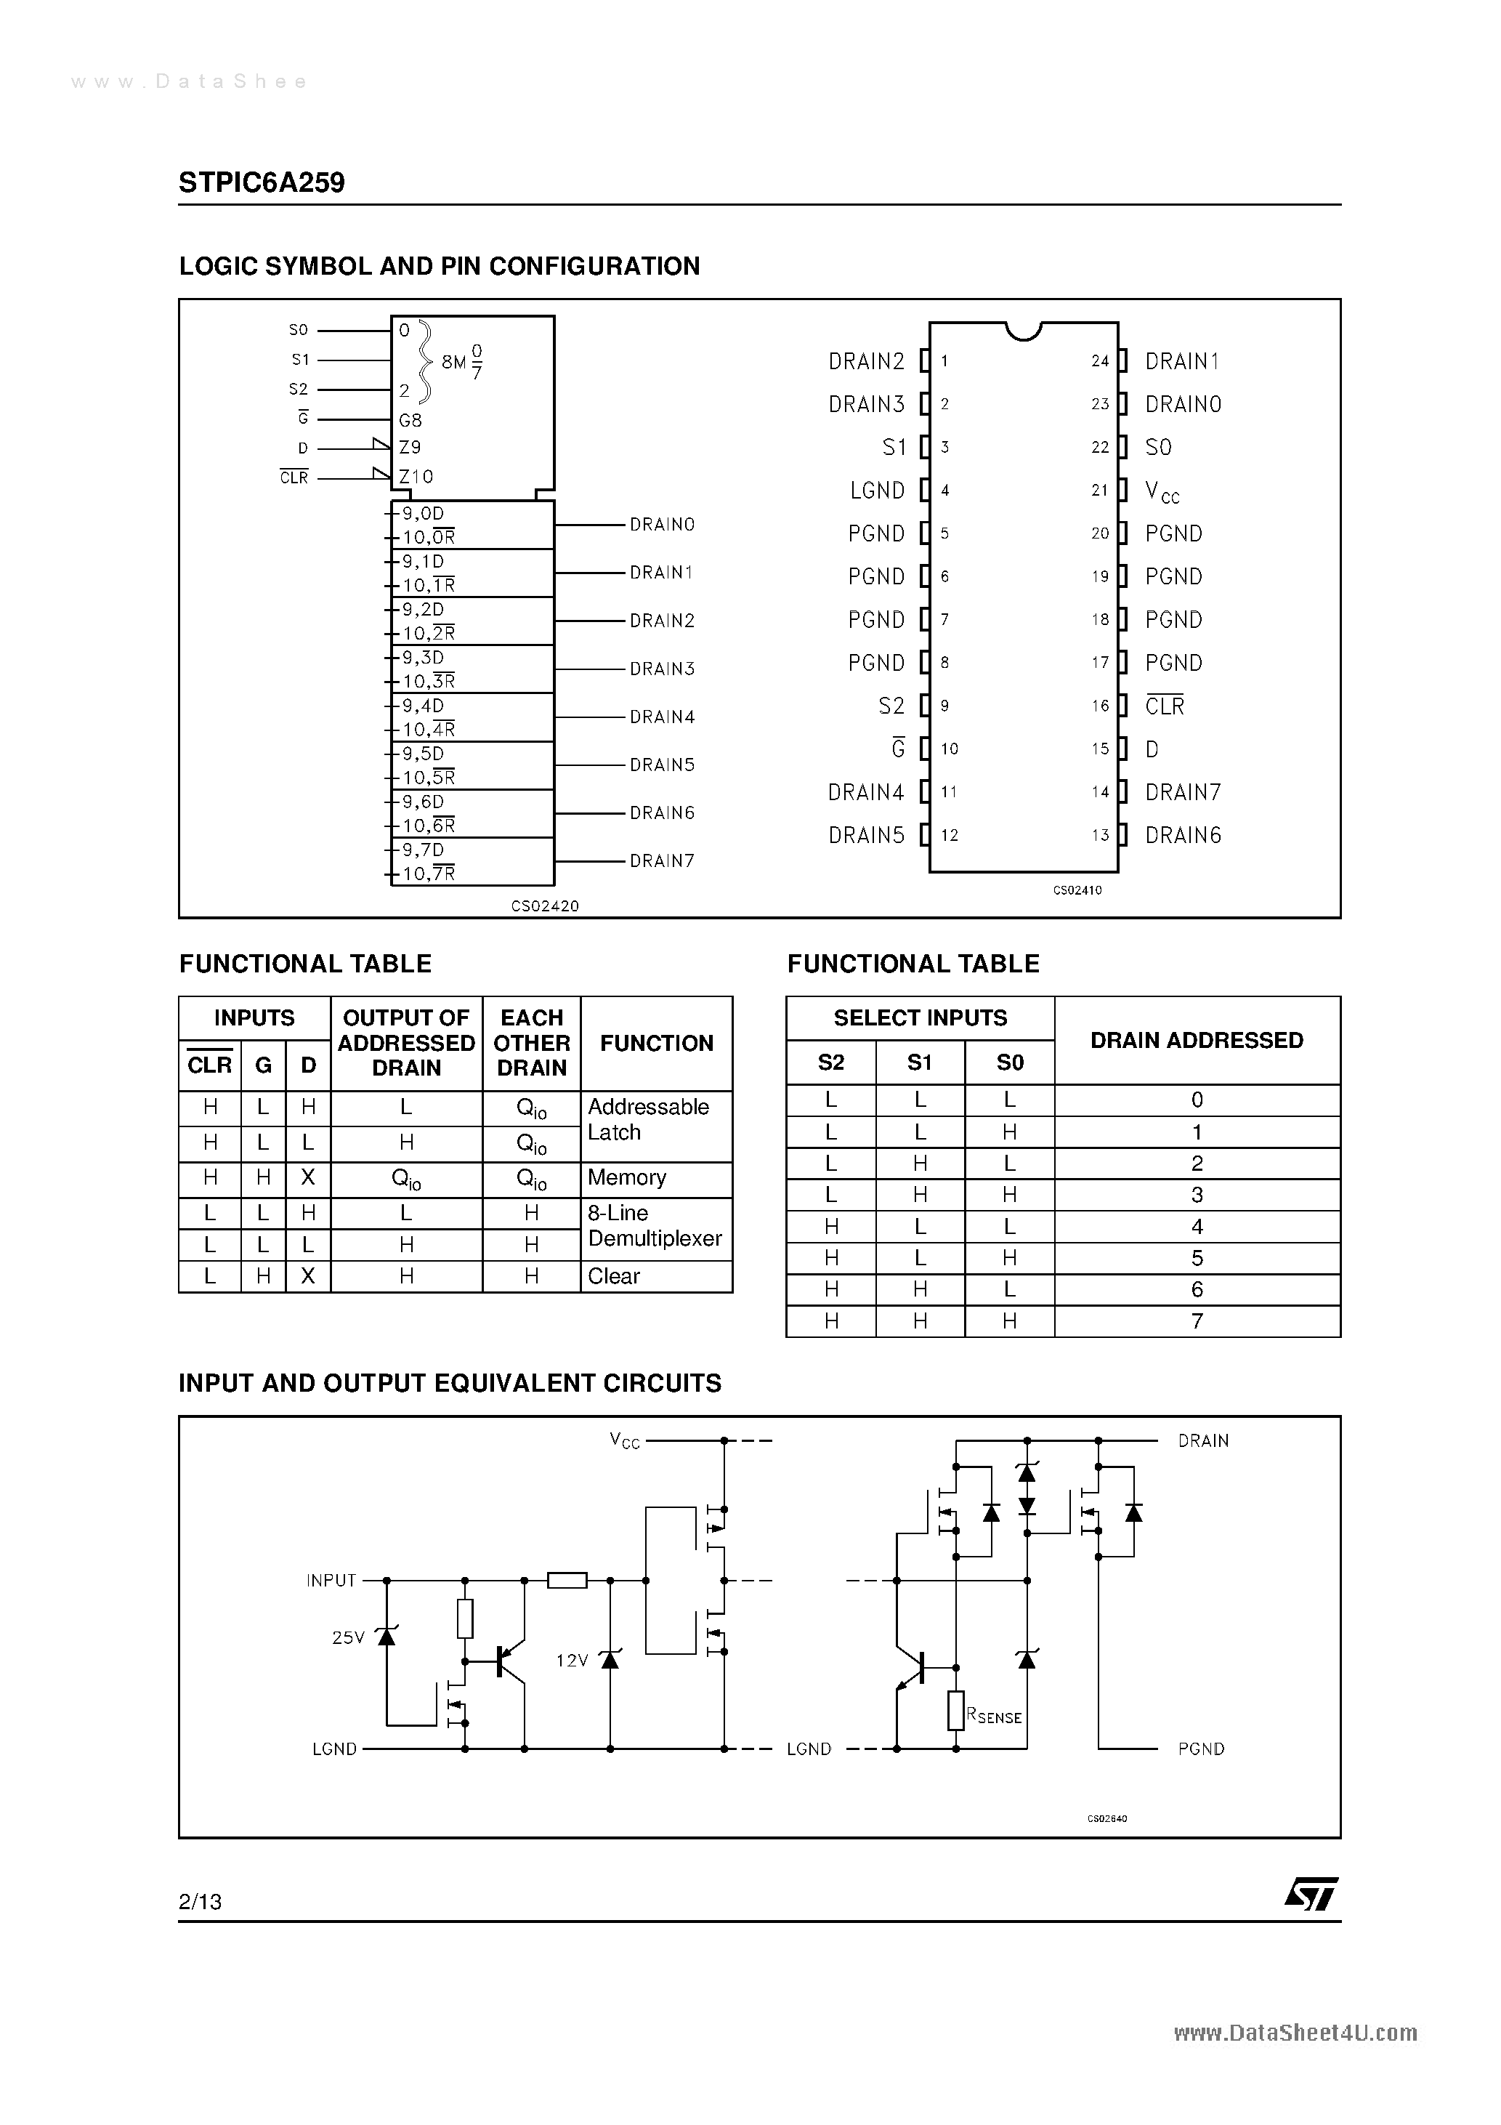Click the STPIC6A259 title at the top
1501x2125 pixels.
[262, 182]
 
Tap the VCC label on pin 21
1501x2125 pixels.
[1162, 491]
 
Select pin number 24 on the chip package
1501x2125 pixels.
[1099, 361]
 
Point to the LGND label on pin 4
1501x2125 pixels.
[878, 491]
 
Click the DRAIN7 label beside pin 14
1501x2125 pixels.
[1183, 792]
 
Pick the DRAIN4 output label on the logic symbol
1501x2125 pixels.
[662, 717]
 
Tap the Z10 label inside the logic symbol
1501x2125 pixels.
[416, 477]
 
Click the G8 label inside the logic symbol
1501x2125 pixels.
[410, 420]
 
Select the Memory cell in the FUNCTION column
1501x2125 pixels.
[626, 1177]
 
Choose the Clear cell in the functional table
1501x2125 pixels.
[613, 1276]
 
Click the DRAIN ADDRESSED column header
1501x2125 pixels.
[1197, 1040]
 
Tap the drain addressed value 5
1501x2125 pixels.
[1197, 1258]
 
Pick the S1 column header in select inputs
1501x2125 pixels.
[919, 1062]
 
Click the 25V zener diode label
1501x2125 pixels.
[348, 1637]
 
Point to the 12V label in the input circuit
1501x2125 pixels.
[572, 1661]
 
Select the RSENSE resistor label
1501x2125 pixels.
[994, 1716]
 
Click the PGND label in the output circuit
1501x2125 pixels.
[1200, 1749]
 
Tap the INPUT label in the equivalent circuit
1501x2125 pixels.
[331, 1580]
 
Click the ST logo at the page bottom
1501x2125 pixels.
[1311, 1894]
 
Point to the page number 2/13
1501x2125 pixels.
[200, 1901]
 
